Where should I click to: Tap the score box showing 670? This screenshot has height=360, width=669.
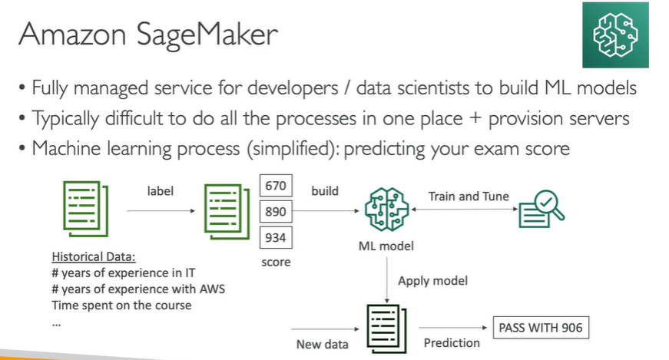pos(274,186)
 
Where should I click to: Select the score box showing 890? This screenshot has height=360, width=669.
pos(274,212)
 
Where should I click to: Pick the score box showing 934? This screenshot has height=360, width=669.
pos(274,238)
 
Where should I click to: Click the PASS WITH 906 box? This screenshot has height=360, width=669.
pos(541,329)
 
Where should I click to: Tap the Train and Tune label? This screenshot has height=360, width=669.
pos(468,197)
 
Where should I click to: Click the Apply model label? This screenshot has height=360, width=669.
pos(432,281)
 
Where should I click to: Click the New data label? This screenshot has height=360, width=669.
pos(322,345)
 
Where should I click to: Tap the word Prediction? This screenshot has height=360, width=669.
pos(452,343)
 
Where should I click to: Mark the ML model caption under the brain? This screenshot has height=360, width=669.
pos(386,246)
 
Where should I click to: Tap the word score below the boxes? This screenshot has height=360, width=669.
pos(274,262)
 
